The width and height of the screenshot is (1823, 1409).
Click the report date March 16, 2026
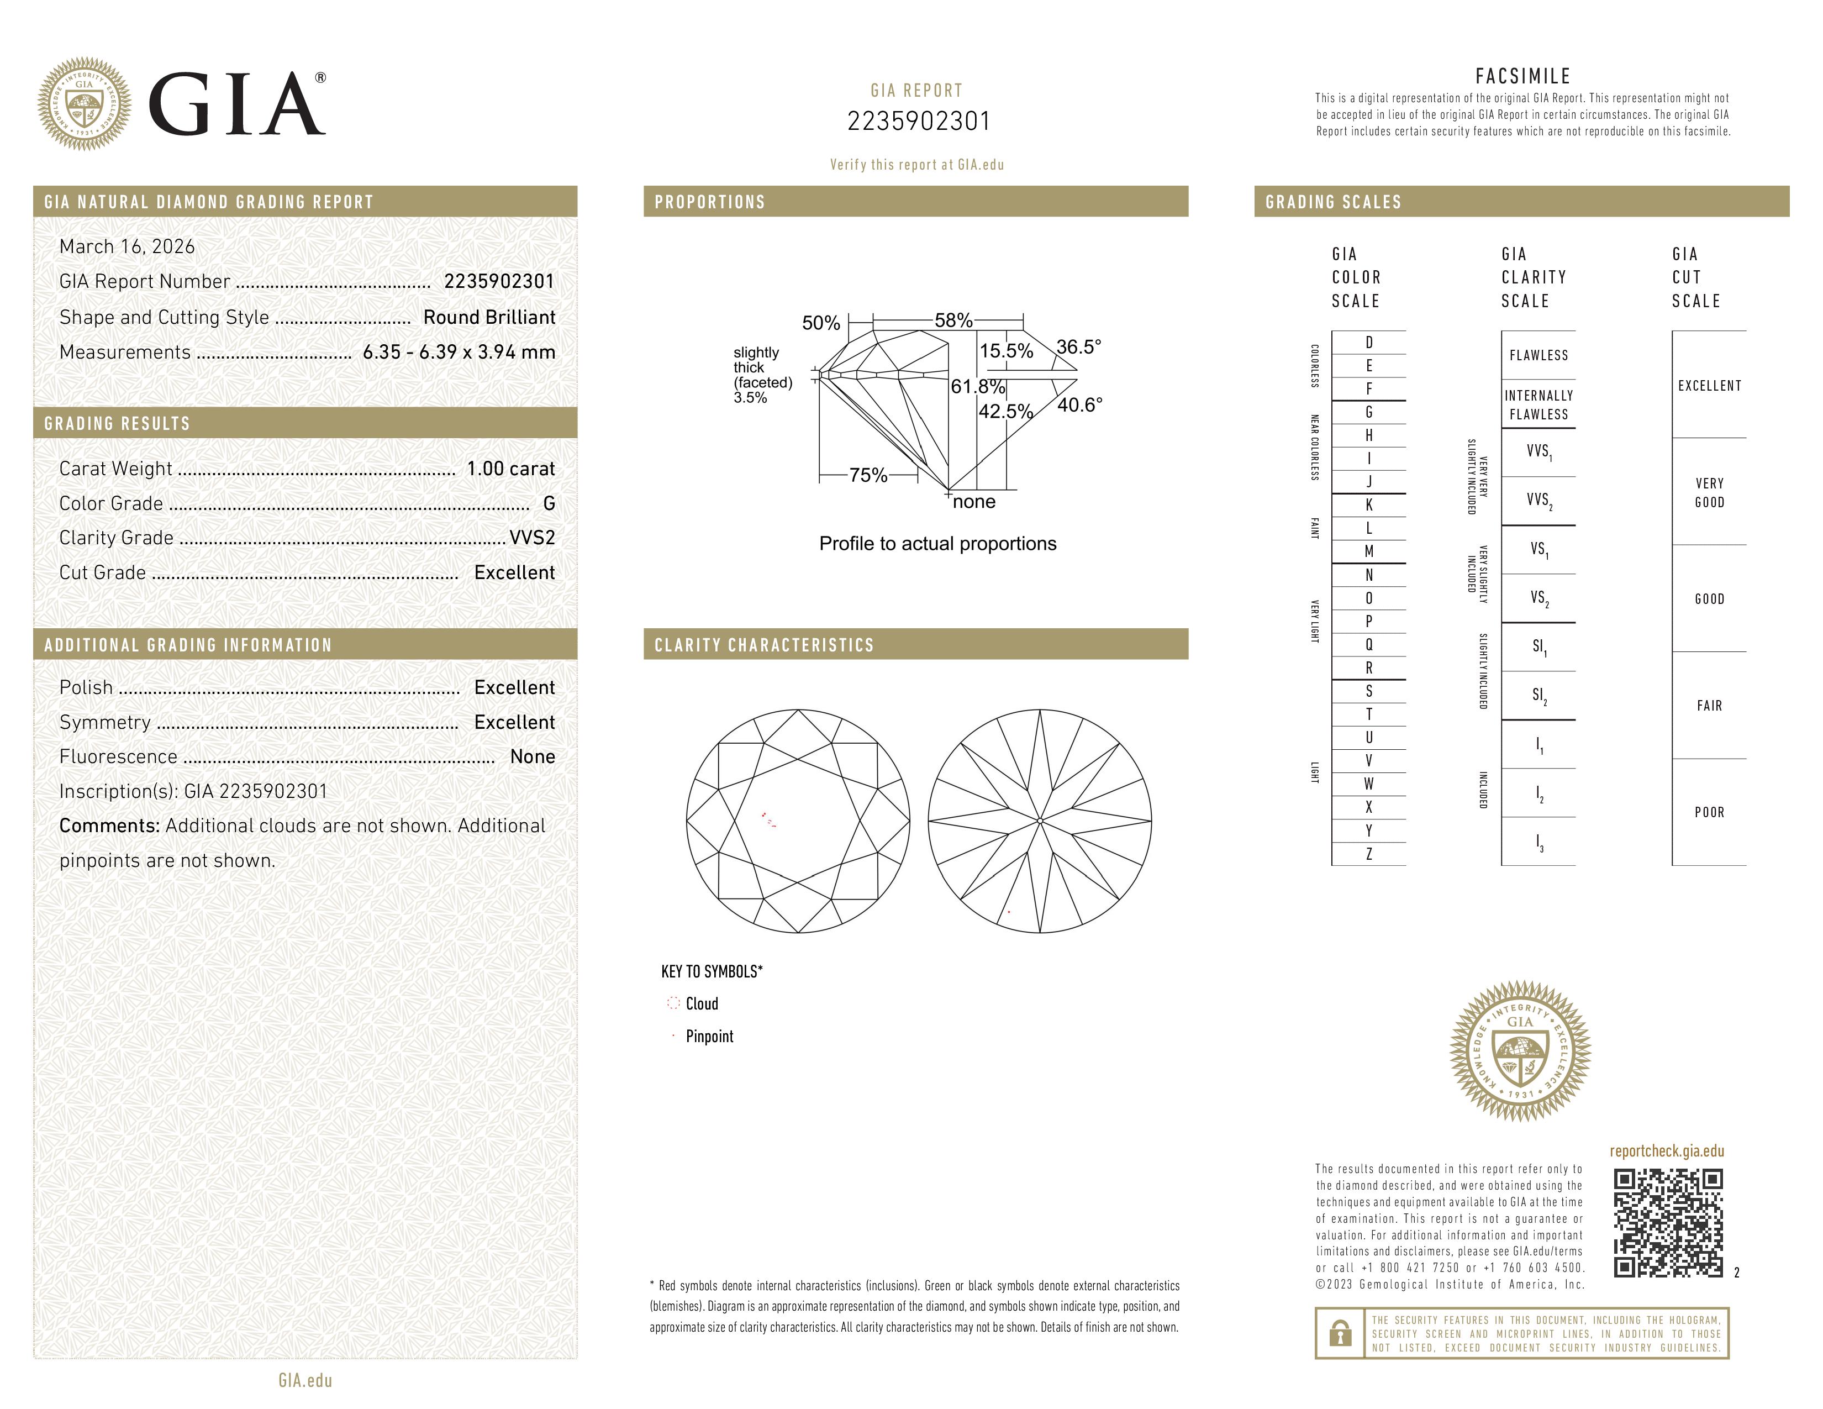pyautogui.click(x=127, y=246)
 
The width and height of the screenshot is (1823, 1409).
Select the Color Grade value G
pyautogui.click(x=549, y=503)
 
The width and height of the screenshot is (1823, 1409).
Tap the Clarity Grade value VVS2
pyautogui.click(x=531, y=538)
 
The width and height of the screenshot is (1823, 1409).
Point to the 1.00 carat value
pyautogui.click(x=510, y=468)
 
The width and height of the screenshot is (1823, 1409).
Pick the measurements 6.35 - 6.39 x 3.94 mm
pyautogui.click(x=459, y=353)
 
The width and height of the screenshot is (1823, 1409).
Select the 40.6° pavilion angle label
pyautogui.click(x=1079, y=405)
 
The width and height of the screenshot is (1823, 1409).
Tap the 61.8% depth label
pyautogui.click(x=977, y=386)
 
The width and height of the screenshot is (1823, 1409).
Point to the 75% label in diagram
pyautogui.click(x=868, y=475)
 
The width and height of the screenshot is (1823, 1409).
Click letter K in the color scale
pyautogui.click(x=1368, y=505)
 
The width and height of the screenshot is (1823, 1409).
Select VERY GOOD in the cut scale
pyautogui.click(x=1709, y=492)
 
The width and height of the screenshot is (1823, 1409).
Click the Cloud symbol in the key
pyautogui.click(x=673, y=1003)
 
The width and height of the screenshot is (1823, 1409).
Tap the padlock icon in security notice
pyautogui.click(x=1340, y=1333)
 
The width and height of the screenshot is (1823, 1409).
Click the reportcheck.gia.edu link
pyautogui.click(x=1666, y=1151)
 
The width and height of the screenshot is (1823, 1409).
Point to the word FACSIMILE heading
pyautogui.click(x=1522, y=76)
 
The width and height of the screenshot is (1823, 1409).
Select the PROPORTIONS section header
pyautogui.click(x=709, y=202)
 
